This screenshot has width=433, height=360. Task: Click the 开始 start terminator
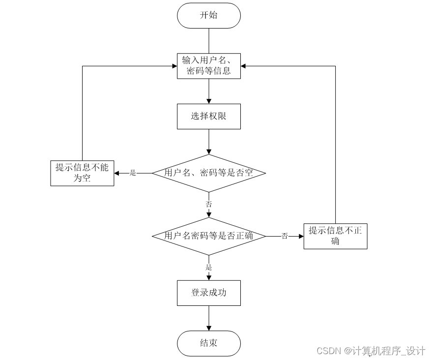pyautogui.click(x=209, y=15)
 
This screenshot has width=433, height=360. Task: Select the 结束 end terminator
pyautogui.click(x=209, y=343)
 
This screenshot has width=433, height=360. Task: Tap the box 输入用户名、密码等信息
pyautogui.click(x=209, y=65)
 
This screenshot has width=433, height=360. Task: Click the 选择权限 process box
pyautogui.click(x=209, y=117)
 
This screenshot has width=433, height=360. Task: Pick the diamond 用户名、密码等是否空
pyautogui.click(x=209, y=173)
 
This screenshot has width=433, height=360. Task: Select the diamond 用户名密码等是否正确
pyautogui.click(x=209, y=236)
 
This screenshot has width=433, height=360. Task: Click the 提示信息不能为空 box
pyautogui.click(x=82, y=173)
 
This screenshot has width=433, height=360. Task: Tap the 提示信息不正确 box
pyautogui.click(x=335, y=236)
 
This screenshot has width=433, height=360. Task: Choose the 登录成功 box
pyautogui.click(x=209, y=293)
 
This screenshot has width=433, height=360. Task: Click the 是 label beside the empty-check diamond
pyautogui.click(x=133, y=173)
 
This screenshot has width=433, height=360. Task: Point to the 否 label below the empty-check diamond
pyautogui.click(x=209, y=204)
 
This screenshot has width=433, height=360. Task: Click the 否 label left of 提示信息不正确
pyautogui.click(x=285, y=236)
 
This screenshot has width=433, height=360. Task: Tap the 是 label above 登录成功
pyautogui.click(x=209, y=268)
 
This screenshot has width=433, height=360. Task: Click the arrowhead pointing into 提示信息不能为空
pyautogui.click(x=117, y=173)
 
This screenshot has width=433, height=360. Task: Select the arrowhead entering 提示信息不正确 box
pyautogui.click(x=300, y=236)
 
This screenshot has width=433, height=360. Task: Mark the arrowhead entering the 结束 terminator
pyautogui.click(x=209, y=328)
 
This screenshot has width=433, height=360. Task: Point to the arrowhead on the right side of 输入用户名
pyautogui.click(x=244, y=65)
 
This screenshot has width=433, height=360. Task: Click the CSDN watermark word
pyautogui.click(x=329, y=351)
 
